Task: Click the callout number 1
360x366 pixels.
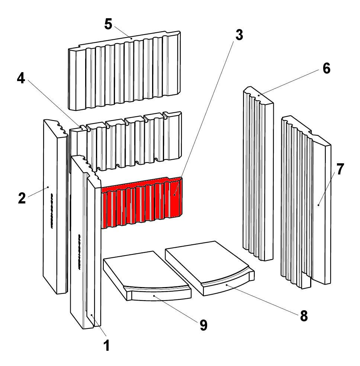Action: pyautogui.click(x=106, y=346)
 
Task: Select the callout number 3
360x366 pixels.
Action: pyautogui.click(x=239, y=35)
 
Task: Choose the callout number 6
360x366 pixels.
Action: pyautogui.click(x=326, y=68)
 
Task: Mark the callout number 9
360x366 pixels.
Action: pyautogui.click(x=203, y=325)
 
